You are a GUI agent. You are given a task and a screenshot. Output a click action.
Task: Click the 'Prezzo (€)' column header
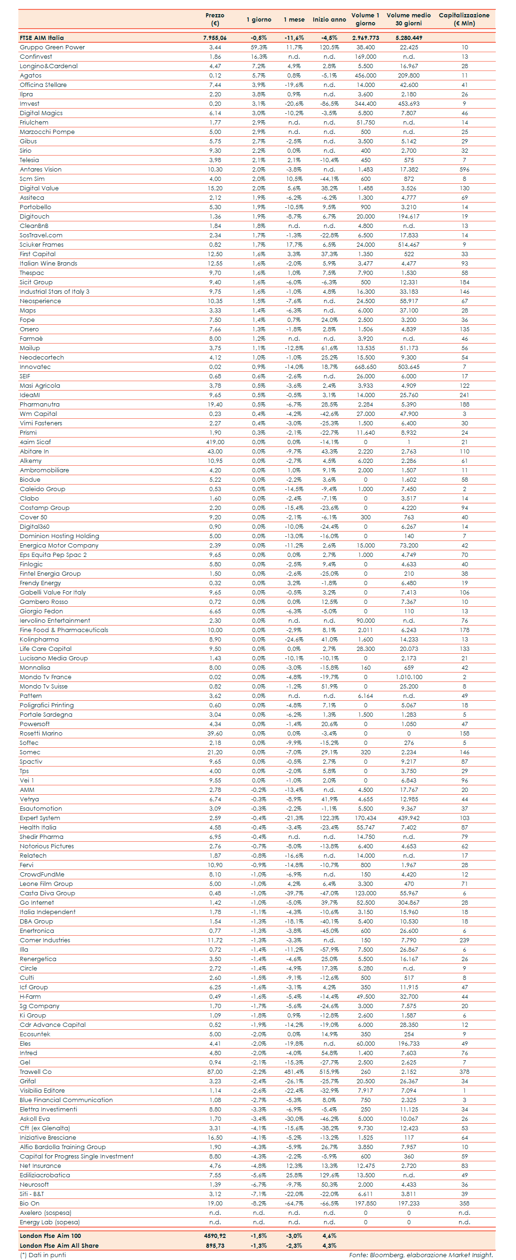(214, 19)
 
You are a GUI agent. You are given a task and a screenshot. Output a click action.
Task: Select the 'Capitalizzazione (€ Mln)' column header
(464, 19)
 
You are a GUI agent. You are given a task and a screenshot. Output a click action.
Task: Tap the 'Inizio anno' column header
(329, 20)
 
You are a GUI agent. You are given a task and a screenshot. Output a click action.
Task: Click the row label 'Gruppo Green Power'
(52, 47)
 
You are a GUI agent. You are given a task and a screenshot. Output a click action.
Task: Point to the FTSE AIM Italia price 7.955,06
(214, 38)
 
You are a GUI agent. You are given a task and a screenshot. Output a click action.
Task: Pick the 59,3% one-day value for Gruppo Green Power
(259, 47)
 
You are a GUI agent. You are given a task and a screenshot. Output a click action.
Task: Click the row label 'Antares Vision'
(40, 170)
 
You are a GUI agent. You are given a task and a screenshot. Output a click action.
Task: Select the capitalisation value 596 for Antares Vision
(464, 170)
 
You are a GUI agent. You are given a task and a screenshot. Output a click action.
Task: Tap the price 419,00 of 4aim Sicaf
(215, 442)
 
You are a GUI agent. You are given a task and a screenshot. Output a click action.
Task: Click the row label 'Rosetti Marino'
(41, 734)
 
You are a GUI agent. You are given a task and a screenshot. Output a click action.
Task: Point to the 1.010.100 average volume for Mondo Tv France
(409, 677)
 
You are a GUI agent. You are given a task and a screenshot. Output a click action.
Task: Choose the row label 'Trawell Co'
(36, 1072)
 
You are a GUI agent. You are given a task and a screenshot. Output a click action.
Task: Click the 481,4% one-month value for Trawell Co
(294, 1072)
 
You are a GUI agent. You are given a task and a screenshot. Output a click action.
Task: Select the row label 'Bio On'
(29, 1204)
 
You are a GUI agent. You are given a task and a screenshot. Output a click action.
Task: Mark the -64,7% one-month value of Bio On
(294, 1204)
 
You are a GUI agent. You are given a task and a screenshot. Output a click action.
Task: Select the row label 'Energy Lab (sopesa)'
(50, 1222)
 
